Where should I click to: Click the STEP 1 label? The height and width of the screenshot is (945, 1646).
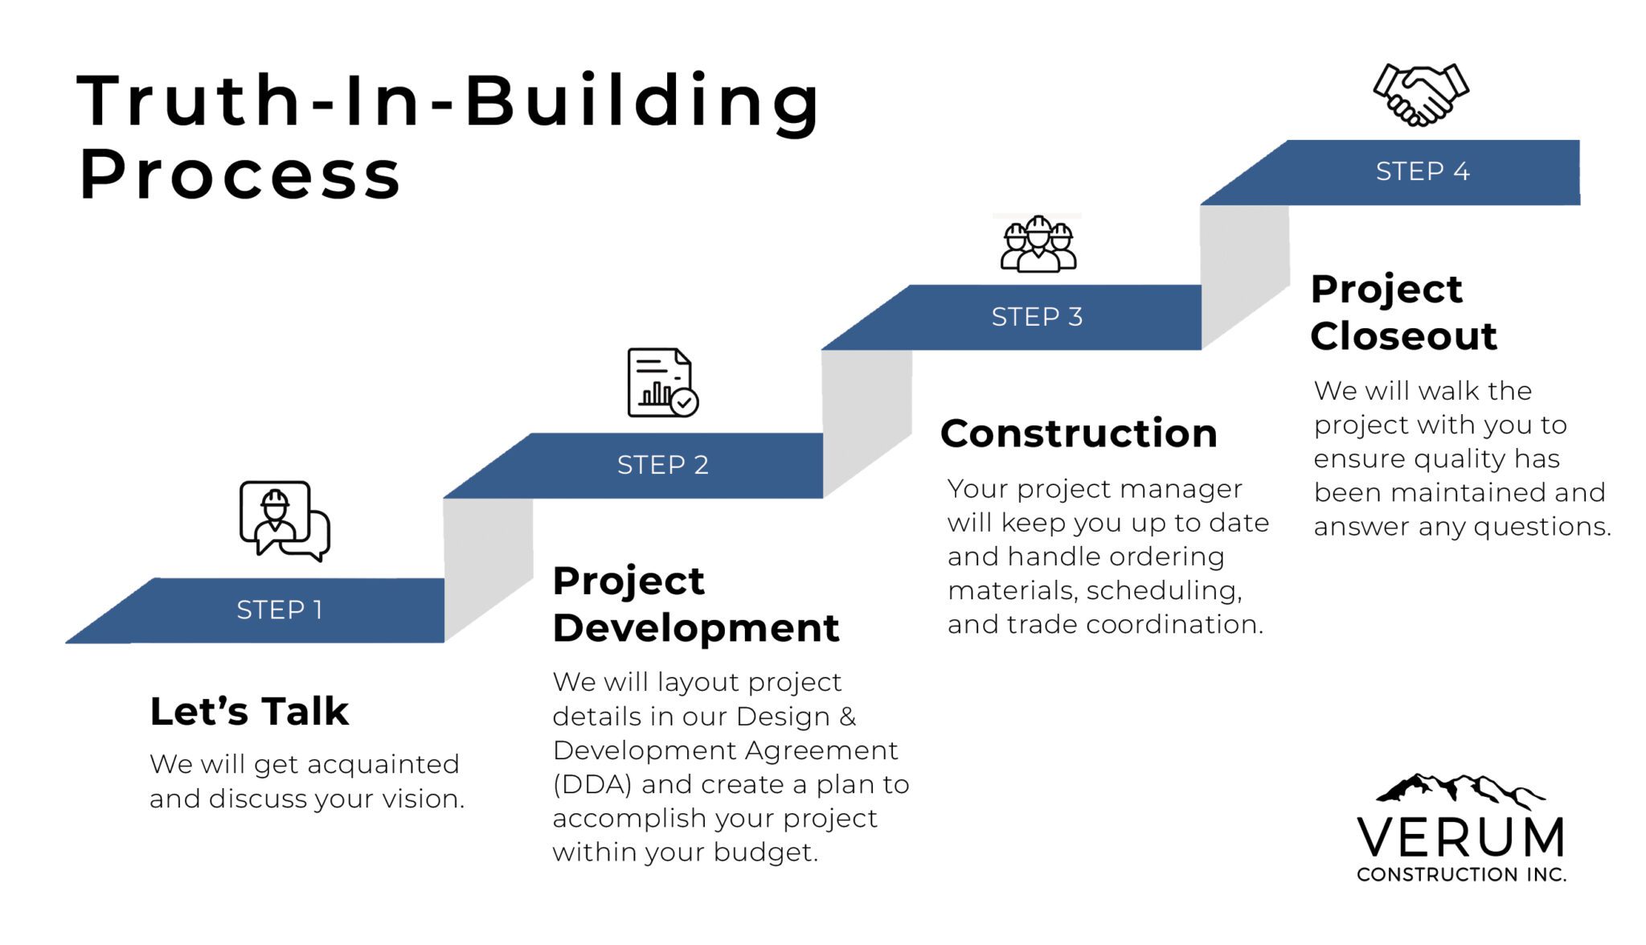click(x=280, y=610)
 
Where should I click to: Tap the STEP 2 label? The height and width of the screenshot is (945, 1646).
click(x=663, y=465)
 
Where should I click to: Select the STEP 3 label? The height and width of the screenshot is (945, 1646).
click(x=1037, y=317)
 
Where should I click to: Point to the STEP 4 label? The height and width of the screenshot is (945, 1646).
click(x=1423, y=171)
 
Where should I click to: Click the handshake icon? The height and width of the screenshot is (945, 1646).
click(x=1421, y=95)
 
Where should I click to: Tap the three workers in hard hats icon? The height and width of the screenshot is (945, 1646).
click(x=1038, y=244)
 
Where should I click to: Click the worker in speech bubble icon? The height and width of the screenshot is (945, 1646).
click(x=285, y=521)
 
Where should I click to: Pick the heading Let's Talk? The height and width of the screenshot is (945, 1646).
click(x=249, y=711)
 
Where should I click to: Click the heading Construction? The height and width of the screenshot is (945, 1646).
click(x=1079, y=433)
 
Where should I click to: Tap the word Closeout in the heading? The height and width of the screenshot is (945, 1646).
click(x=1403, y=336)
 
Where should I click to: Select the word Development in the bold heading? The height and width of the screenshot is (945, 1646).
click(x=696, y=628)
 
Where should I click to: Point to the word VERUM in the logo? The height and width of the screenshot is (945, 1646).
click(x=1461, y=837)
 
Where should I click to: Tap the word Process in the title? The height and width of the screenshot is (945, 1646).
click(x=240, y=175)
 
